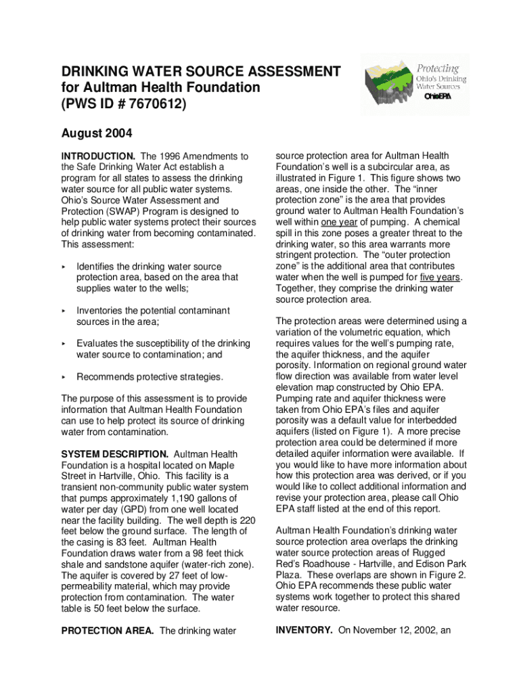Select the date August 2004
[97, 133]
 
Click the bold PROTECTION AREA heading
[107, 631]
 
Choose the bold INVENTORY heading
[304, 631]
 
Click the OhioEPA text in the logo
[437, 97]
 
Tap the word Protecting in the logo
[437, 68]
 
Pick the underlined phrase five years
[440, 277]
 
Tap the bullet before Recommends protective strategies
[64, 377]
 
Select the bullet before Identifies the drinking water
[64, 267]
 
